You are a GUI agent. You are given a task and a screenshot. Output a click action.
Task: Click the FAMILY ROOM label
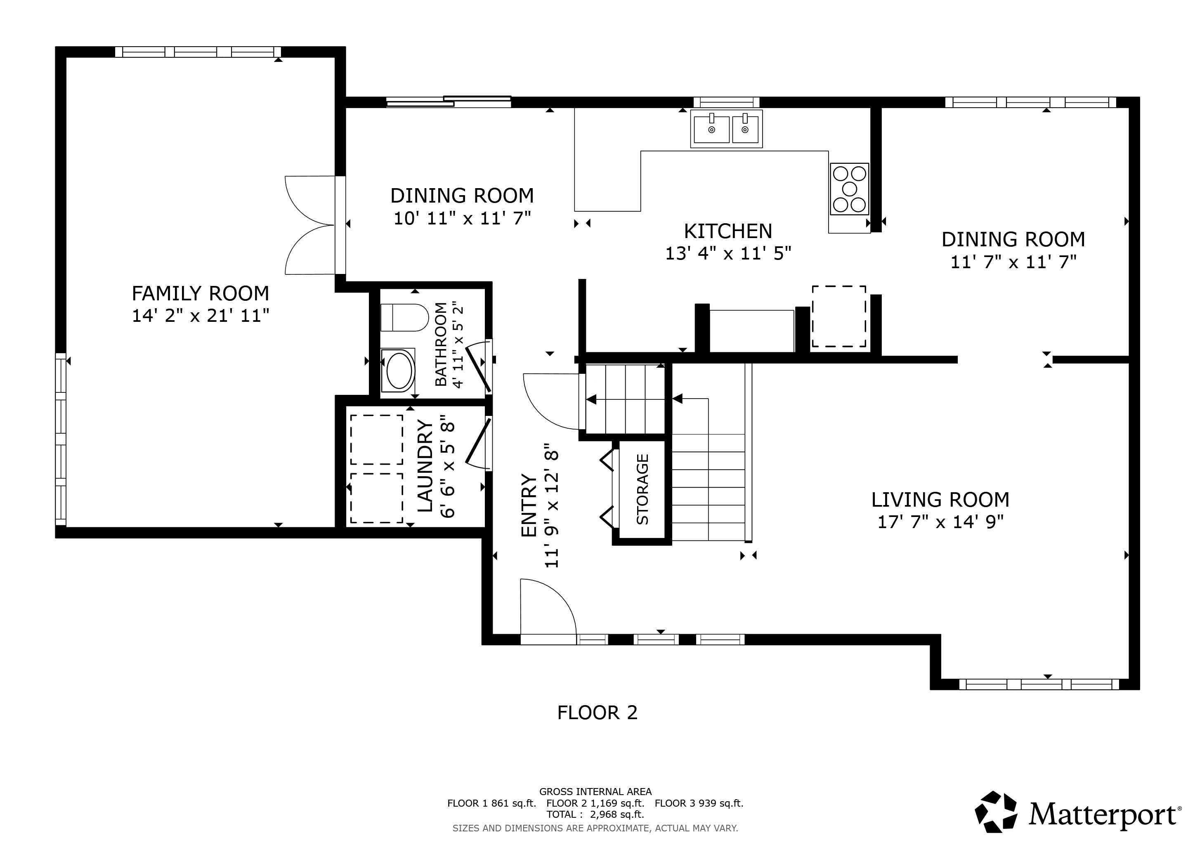(201, 293)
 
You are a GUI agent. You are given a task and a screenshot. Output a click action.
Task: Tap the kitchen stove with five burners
(849, 189)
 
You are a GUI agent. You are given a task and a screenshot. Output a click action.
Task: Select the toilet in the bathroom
(404, 317)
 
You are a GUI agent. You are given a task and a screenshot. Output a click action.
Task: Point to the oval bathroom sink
(399, 371)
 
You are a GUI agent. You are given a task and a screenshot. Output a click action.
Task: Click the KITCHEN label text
(727, 231)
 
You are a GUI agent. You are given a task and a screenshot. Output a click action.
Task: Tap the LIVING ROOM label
(940, 500)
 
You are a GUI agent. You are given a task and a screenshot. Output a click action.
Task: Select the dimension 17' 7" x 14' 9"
(940, 522)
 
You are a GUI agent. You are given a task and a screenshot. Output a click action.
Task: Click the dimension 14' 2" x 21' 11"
(201, 315)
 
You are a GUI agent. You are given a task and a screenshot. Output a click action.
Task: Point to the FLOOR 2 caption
(597, 712)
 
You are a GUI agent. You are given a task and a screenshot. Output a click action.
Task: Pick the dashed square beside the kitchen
(839, 316)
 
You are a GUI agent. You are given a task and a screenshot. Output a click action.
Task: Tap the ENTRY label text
(529, 505)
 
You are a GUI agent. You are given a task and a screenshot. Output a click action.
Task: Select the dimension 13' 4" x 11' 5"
(728, 253)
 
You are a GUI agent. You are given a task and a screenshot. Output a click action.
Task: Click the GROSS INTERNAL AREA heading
(595, 791)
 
